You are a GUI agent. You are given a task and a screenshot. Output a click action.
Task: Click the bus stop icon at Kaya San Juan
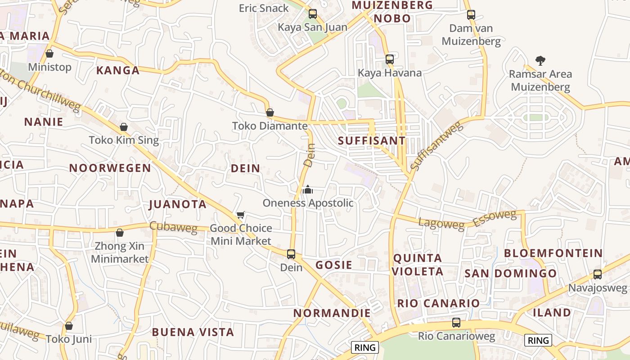[x=313, y=14]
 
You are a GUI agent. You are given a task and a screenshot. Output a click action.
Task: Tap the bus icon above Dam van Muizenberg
[x=471, y=15]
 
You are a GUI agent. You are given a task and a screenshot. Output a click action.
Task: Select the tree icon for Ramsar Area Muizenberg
[x=540, y=60]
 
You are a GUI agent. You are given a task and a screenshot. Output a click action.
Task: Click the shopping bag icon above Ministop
[x=49, y=54]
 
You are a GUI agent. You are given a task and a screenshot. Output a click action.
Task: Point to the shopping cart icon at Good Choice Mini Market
[x=241, y=215]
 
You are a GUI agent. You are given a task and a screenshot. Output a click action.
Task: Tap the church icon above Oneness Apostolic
[x=308, y=189]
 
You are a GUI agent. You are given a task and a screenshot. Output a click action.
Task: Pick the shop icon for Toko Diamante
[x=270, y=112]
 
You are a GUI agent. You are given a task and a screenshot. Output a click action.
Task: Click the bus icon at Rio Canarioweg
[x=456, y=323]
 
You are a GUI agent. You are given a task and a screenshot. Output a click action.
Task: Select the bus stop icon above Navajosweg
[x=598, y=274]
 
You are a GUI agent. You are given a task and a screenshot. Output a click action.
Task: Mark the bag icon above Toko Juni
[x=69, y=325]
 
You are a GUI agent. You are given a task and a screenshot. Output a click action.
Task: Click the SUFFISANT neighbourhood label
[x=372, y=140]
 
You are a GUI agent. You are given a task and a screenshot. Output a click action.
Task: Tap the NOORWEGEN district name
[x=110, y=168]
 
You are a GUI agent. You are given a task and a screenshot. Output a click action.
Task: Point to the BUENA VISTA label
[x=193, y=332]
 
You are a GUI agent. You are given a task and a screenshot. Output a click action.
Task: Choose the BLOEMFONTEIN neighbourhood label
[x=553, y=253]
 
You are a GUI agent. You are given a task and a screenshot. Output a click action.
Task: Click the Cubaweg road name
[x=173, y=227]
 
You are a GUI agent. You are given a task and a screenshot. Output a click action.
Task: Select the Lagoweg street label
[x=441, y=223]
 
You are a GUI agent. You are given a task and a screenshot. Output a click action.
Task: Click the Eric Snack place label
[x=264, y=8]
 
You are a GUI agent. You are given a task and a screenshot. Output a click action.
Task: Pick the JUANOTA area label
[x=177, y=204]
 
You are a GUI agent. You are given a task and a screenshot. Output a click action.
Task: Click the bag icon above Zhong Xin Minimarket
[x=120, y=233]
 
